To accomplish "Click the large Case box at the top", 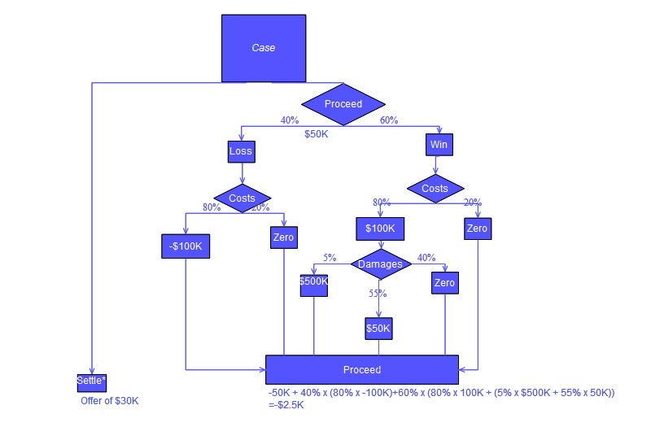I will pos(264,48).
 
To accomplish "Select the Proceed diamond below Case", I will pos(343,104).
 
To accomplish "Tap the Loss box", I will pos(241,151).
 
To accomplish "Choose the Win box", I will pos(439,145).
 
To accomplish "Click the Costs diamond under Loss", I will pos(242,198).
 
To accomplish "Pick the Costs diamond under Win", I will pos(435,189).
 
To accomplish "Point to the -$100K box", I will pos(186,246).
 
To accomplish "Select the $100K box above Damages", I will pos(380,229).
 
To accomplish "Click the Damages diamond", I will pos(380,264).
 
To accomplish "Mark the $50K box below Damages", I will pos(378,329).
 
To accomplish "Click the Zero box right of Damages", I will pos(444,283).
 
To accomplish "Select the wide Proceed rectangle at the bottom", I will pos(362,370).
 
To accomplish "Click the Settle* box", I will pos(92,381).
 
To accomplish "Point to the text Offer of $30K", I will pos(110,401).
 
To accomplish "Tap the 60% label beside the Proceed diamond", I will pos(389,120).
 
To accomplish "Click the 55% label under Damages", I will pos(378,294).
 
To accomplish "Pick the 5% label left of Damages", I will pos(330,258).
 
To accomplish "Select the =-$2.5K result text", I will pos(286,405).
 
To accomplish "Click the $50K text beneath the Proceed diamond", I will pos(317,134).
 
